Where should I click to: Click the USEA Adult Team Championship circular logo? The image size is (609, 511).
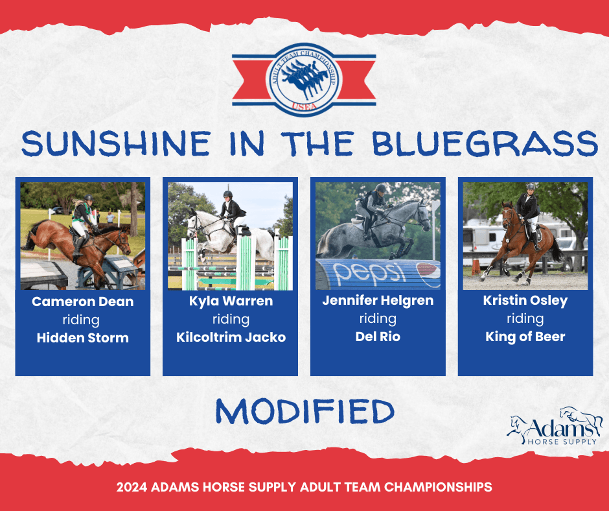click(304, 80)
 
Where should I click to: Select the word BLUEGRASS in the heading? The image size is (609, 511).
click(485, 143)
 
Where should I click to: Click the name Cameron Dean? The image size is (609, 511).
click(83, 302)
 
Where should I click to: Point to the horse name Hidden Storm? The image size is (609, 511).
click(83, 338)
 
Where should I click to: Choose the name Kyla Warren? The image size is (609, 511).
click(231, 301)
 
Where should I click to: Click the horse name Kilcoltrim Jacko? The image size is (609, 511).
click(231, 337)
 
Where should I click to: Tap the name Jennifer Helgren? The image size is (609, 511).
click(378, 301)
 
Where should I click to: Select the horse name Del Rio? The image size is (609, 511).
click(378, 337)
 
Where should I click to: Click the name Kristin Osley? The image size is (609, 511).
click(525, 301)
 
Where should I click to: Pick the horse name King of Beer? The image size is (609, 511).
click(525, 337)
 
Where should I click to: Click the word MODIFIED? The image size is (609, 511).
click(305, 412)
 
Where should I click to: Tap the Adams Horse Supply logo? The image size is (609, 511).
click(555, 427)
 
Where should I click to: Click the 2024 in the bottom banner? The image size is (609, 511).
click(132, 487)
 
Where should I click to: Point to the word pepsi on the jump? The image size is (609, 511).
click(367, 272)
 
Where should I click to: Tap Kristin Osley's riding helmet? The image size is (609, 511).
click(530, 187)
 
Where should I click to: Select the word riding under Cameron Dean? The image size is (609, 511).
click(81, 320)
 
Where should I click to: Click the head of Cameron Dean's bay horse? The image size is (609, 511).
click(122, 241)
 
